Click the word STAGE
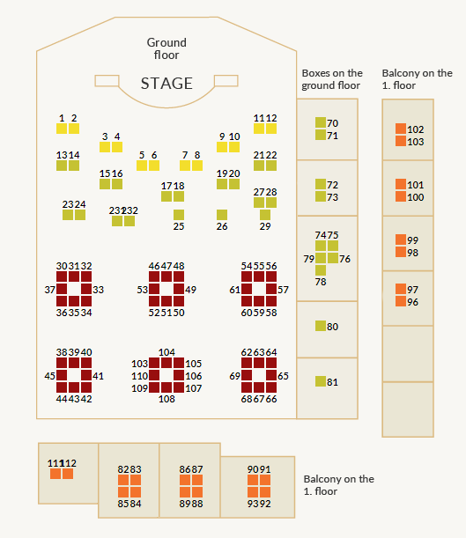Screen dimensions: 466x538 click(166, 84)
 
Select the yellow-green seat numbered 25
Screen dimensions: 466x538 click(179, 215)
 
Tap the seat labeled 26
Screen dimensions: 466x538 click(222, 215)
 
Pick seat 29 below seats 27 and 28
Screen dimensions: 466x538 click(265, 215)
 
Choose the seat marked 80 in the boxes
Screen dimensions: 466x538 click(321, 326)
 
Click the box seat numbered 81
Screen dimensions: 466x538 click(321, 381)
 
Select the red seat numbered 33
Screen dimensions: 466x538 click(86, 289)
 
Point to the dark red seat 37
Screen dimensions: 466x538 click(62, 289)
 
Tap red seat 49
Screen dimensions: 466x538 click(179, 289)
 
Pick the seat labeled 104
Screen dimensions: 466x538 click(166, 363)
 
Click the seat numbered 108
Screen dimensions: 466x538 click(166, 387)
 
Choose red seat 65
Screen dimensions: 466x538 click(271, 375)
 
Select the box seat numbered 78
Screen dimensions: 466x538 click(321, 270)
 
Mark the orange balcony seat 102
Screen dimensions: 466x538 click(401, 129)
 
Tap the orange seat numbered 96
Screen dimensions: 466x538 click(401, 301)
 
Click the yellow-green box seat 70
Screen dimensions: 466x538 click(321, 122)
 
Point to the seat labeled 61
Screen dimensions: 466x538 click(247, 289)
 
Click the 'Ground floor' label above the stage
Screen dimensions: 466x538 click(166, 48)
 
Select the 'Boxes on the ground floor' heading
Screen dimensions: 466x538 click(332, 79)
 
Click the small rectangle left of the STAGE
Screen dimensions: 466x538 click(107, 81)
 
